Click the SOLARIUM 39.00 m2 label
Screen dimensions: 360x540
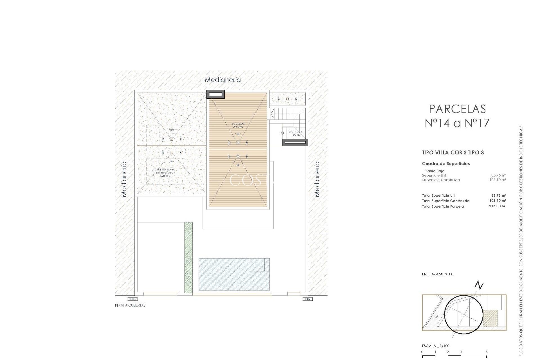pyautogui.click(x=238, y=125)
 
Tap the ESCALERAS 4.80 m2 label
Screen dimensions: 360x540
pyautogui.click(x=295, y=133)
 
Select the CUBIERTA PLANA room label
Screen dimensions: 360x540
pyautogui.click(x=165, y=172)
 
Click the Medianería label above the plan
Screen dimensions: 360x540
pyautogui.click(x=222, y=80)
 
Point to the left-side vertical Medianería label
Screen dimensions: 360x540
pyautogui.click(x=124, y=179)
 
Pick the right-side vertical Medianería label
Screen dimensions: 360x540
pyautogui.click(x=317, y=179)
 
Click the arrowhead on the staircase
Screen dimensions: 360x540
pyautogui.click(x=272, y=114)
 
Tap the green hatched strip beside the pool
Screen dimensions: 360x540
pyautogui.click(x=188, y=258)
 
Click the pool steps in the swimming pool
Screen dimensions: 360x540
pyautogui.click(x=259, y=265)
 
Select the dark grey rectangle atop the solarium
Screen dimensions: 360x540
pyautogui.click(x=216, y=94)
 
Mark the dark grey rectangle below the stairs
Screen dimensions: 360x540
pyautogui.click(x=295, y=142)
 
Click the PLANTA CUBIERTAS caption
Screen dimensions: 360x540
pyautogui.click(x=130, y=305)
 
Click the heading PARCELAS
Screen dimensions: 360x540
pyautogui.click(x=457, y=109)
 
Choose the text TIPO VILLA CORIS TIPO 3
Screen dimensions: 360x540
pyautogui.click(x=453, y=153)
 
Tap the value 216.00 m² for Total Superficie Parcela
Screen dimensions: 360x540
pyautogui.click(x=498, y=206)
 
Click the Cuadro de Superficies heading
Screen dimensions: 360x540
pyautogui.click(x=446, y=164)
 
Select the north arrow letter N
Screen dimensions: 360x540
pyautogui.click(x=479, y=286)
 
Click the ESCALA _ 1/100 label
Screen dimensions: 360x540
pyautogui.click(x=435, y=346)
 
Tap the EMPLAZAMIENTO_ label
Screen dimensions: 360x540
pyautogui.click(x=438, y=274)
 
